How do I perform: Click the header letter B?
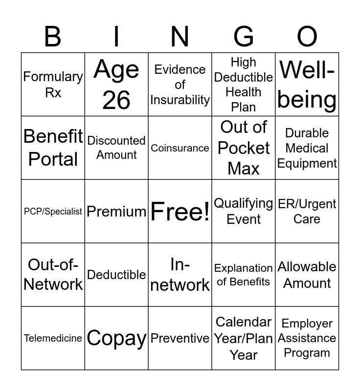tap(53, 36)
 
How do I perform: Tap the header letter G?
tap(244, 36)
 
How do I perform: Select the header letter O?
tap(307, 36)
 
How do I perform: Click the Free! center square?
tap(180, 212)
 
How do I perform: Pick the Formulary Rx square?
tap(53, 85)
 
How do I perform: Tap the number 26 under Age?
tap(116, 100)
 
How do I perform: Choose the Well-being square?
tap(307, 85)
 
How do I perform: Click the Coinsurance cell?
tap(180, 148)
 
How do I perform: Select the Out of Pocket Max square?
tap(244, 148)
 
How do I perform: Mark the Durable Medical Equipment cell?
tap(307, 148)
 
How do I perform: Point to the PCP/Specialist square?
tap(53, 212)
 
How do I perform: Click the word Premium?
tap(116, 212)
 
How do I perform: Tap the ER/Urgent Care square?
tap(307, 212)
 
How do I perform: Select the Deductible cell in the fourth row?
tap(116, 275)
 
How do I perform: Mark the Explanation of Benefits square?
tap(244, 275)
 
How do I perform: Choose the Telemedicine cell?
tap(53, 338)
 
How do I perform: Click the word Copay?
tap(116, 338)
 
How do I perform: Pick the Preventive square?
tap(180, 338)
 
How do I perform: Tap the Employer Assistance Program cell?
tap(307, 338)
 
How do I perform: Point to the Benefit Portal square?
tap(53, 148)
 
